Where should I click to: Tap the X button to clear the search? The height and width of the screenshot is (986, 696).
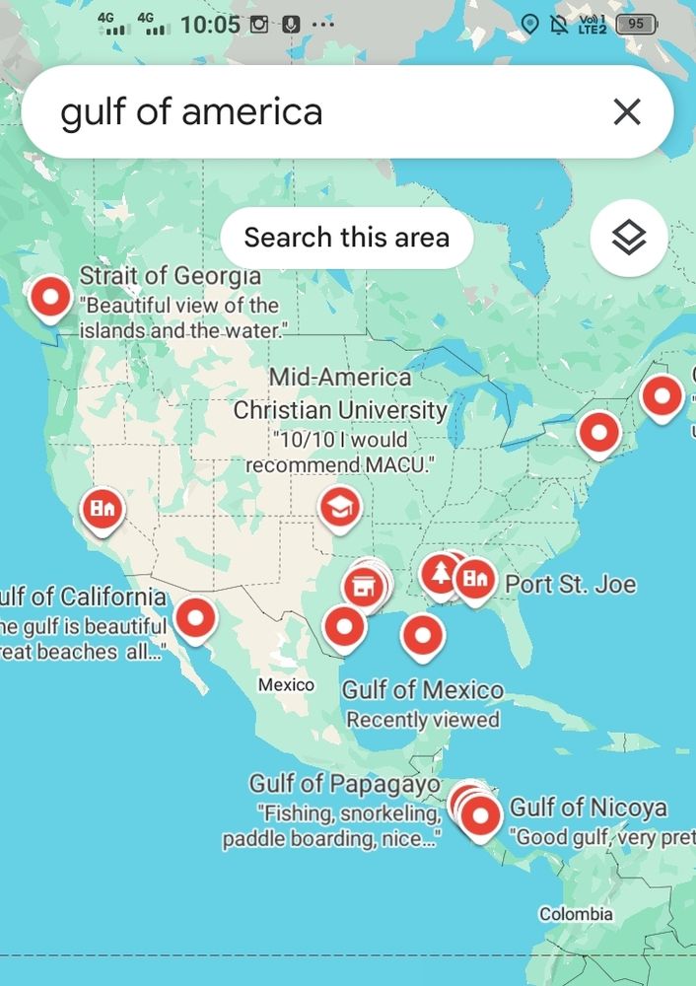click(x=627, y=112)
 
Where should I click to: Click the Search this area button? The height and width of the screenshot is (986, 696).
click(x=346, y=238)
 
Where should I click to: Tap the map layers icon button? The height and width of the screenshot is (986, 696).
click(x=628, y=238)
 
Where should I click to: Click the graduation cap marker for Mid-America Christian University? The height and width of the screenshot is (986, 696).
click(x=340, y=508)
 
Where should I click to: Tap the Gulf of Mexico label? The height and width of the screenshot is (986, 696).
click(x=422, y=690)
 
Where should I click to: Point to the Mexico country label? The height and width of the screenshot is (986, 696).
click(x=286, y=684)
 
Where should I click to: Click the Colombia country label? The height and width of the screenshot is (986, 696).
click(x=576, y=914)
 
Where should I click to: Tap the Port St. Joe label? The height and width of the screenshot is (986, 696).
click(x=571, y=585)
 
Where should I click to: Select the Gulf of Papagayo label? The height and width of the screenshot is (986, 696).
click(x=344, y=784)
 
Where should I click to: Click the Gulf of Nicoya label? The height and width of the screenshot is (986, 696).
click(x=588, y=809)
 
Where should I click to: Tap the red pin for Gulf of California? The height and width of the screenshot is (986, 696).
click(x=195, y=619)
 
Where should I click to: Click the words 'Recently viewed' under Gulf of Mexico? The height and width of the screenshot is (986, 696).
click(x=422, y=720)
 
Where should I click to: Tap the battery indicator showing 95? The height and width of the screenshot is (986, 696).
click(x=636, y=24)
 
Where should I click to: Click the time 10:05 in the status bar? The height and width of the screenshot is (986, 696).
click(x=210, y=24)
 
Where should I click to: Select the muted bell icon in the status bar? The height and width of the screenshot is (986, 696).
click(x=559, y=24)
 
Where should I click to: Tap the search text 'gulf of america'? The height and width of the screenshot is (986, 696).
click(x=191, y=112)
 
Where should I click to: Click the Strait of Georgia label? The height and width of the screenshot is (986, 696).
click(x=170, y=276)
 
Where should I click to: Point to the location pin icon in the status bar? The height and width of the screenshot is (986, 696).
click(x=529, y=24)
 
